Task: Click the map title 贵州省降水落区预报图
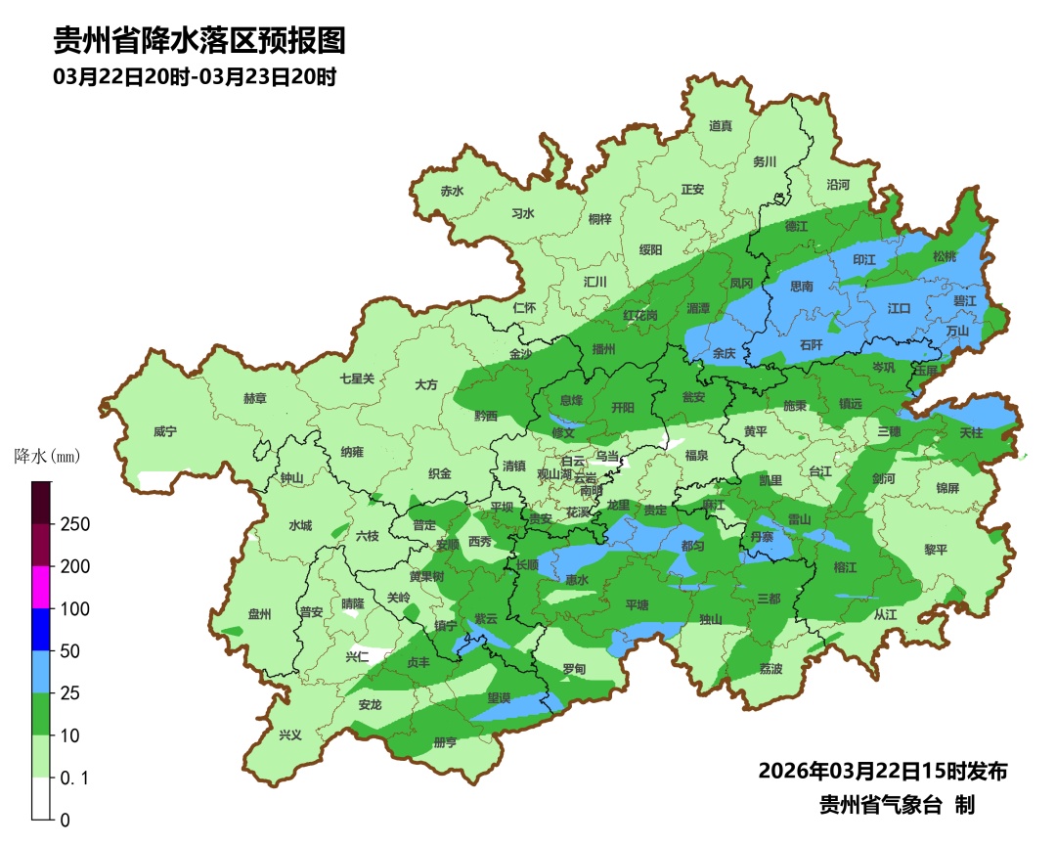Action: pos(199,41)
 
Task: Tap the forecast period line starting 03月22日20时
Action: pos(195,77)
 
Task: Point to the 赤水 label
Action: pos(452,192)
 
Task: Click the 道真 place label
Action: pos(721,126)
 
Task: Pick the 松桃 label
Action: pos(944,257)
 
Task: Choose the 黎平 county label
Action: pos(936,550)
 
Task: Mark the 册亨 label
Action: pos(445,742)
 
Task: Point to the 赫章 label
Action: pos(255,399)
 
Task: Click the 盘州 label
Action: pos(259,614)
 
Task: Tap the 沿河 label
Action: pos(838,184)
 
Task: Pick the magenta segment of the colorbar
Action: pos(41,587)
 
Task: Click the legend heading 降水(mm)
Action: pos(47,457)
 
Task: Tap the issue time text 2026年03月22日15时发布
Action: pos(882,771)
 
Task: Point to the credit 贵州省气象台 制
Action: pos(897,806)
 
